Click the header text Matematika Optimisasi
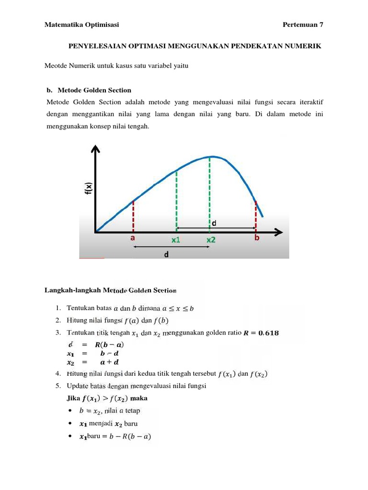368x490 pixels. click(81, 25)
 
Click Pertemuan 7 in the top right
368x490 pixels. click(303, 25)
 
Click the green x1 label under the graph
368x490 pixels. click(176, 240)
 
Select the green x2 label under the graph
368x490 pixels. click(211, 240)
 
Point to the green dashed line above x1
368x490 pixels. click(177, 201)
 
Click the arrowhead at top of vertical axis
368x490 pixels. click(96, 149)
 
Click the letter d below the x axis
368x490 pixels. click(166, 255)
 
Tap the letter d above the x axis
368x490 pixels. click(214, 223)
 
